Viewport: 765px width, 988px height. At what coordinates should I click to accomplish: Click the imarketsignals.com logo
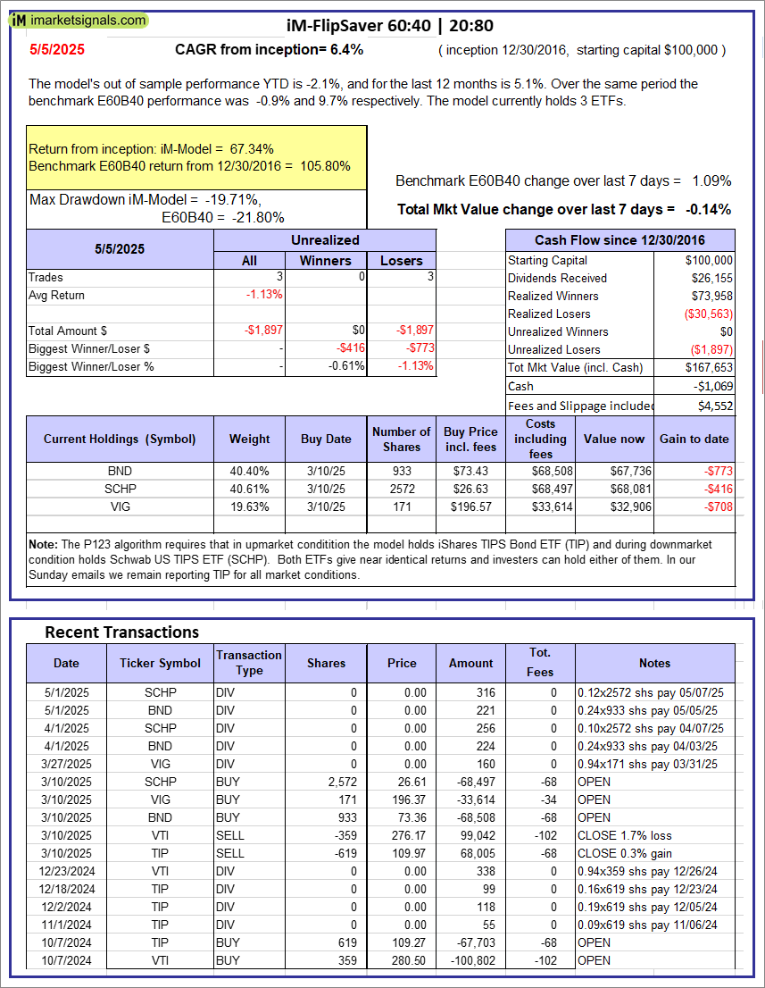pyautogui.click(x=79, y=20)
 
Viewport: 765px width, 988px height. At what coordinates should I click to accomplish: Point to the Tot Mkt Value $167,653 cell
pyautogui.click(x=710, y=367)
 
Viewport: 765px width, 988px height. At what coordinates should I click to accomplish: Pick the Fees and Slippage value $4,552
pyautogui.click(x=715, y=405)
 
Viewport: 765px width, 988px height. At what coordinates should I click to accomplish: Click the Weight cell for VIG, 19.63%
pyautogui.click(x=250, y=507)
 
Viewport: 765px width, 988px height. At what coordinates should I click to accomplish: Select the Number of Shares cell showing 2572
pyautogui.click(x=402, y=489)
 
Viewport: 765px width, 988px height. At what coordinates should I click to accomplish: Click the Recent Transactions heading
pyautogui.click(x=121, y=632)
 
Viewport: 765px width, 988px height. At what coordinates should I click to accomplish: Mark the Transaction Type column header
pyautogui.click(x=249, y=663)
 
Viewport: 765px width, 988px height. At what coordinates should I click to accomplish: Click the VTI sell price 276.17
pyautogui.click(x=403, y=835)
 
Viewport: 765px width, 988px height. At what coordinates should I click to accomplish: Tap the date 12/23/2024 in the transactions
pyautogui.click(x=66, y=871)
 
